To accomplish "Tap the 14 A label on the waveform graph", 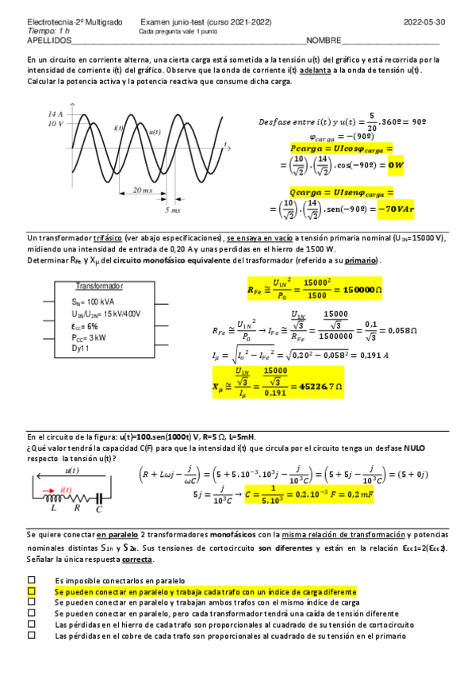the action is [x=55, y=114].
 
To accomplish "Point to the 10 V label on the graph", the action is [x=55, y=124].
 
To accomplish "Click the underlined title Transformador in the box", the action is [x=99, y=286].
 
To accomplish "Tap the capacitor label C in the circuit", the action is [x=98, y=509].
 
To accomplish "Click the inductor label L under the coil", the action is [x=53, y=509].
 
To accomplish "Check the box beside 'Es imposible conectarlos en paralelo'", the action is [x=32, y=581].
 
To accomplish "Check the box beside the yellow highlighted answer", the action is [x=32, y=592].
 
